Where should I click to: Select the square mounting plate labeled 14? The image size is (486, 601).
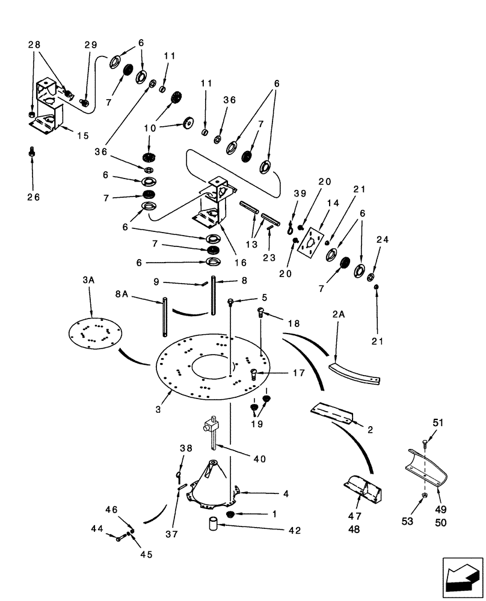click(x=311, y=243)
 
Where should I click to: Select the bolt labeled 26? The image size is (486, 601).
click(x=32, y=154)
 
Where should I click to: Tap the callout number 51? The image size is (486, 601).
click(x=437, y=423)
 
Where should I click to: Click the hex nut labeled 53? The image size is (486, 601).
click(x=424, y=496)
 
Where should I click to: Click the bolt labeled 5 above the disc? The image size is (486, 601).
click(x=230, y=302)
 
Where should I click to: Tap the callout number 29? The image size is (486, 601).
click(x=90, y=46)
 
